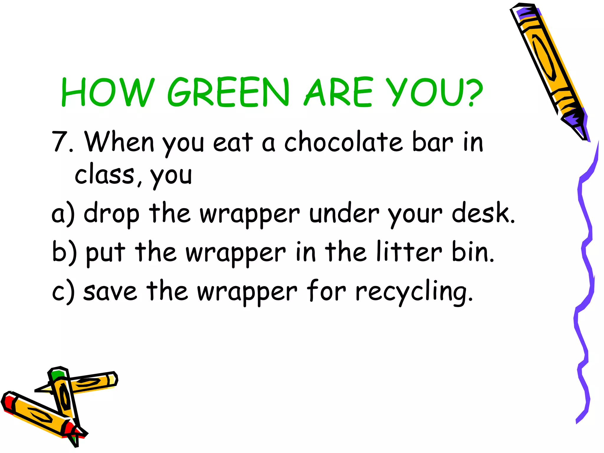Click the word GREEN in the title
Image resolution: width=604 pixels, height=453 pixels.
[228, 92]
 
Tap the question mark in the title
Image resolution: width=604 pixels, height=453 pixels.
[471, 92]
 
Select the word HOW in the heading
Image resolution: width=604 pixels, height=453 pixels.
[108, 92]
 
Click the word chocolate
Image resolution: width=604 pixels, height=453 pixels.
[343, 142]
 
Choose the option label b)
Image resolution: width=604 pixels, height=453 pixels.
[64, 252]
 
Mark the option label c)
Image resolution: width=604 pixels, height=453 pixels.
[63, 291]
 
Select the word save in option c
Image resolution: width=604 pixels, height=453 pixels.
[110, 291]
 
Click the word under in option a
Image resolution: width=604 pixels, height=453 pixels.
[344, 213]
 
